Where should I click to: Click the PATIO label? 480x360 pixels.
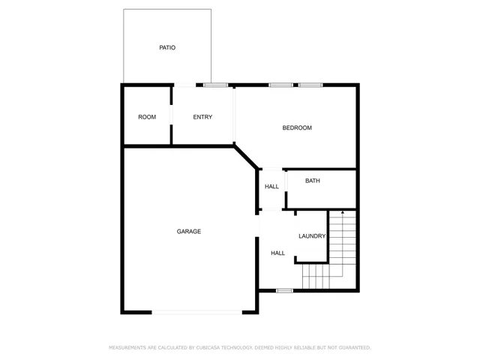167,48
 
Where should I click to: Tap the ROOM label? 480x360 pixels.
147,117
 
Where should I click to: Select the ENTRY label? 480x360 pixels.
202,117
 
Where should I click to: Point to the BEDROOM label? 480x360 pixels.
297,128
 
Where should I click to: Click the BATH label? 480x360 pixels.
313,181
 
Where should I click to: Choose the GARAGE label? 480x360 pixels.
189,232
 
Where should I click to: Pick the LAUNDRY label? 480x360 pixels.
312,236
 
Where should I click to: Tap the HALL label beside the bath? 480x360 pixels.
271,187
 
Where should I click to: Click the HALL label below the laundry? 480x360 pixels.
277,253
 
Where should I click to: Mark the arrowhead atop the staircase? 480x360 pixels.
343,213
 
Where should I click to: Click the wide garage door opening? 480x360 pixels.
198,312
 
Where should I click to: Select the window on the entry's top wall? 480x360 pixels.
216,85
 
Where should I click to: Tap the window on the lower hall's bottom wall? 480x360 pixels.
284,290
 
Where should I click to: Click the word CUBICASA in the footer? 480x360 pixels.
211,348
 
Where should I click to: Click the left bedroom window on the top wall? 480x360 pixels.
281,85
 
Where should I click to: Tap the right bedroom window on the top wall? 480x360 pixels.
310,85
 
